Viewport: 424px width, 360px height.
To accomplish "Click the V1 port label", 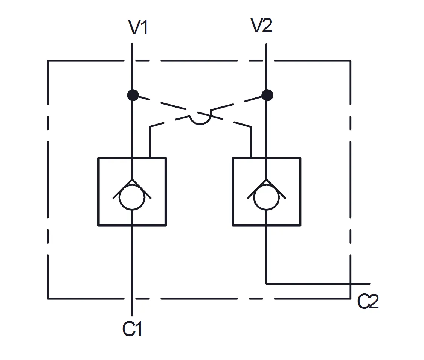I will (x=138, y=27).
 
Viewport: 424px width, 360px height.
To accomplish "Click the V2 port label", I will (x=261, y=26).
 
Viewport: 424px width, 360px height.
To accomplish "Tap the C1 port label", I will (x=133, y=329).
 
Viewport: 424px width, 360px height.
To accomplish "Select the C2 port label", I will (x=368, y=302).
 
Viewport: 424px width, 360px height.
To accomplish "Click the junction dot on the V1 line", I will (x=133, y=95).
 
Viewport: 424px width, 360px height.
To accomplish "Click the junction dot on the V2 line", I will (x=267, y=95).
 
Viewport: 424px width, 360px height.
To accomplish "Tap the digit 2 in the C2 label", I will (x=373, y=302).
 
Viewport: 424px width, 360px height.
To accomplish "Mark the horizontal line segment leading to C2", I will (x=316, y=284).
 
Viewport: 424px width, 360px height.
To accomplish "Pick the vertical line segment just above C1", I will (x=132, y=307).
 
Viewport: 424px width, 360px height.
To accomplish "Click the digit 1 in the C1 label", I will (x=139, y=329).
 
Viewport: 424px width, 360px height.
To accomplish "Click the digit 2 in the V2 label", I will (x=267, y=26).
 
